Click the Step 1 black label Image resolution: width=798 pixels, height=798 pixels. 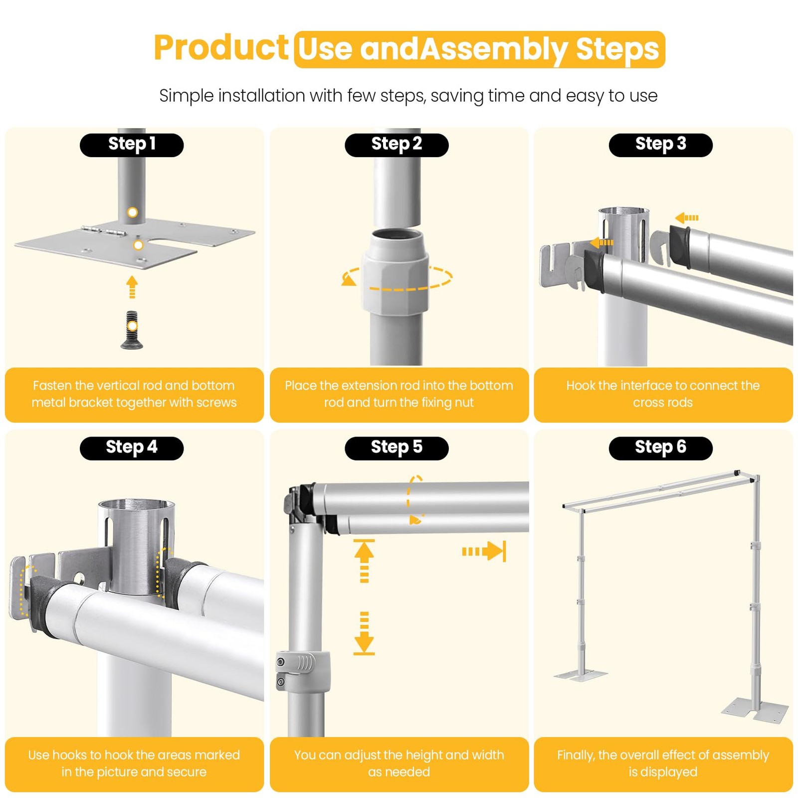[132, 145]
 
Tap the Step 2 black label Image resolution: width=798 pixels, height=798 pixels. [397, 145]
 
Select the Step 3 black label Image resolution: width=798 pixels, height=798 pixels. [661, 145]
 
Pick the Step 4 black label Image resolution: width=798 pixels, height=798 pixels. [132, 448]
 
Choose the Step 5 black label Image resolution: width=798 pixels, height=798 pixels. [397, 448]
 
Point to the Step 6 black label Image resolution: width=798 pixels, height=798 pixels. [661, 448]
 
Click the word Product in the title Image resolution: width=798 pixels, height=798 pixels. [221, 49]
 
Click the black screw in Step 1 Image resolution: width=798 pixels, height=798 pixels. [132, 330]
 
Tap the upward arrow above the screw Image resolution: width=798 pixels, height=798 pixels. [132, 287]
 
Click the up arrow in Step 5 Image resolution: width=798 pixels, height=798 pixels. [364, 561]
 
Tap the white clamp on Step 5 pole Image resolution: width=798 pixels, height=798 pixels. [303, 672]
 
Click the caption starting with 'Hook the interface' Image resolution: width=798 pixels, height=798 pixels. [663, 394]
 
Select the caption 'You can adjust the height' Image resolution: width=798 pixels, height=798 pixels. [399, 764]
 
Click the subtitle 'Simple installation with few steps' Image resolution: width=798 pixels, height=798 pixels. [408, 96]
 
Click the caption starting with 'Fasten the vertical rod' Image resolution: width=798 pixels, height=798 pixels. [134, 394]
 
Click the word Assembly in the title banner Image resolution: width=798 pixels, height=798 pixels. [494, 50]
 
